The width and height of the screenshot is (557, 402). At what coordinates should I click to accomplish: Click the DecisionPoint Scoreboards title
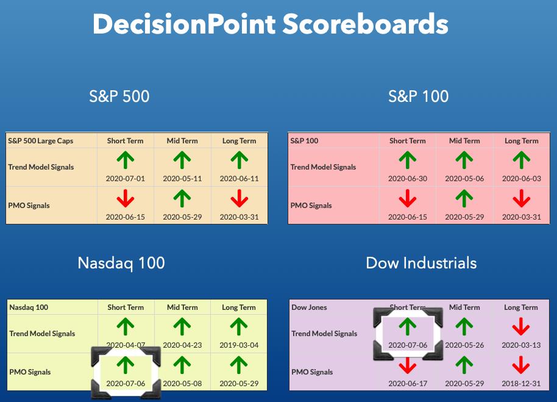coord(271,24)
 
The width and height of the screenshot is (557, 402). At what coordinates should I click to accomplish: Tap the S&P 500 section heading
coord(119,96)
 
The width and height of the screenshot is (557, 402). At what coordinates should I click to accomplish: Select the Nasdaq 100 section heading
coord(121,264)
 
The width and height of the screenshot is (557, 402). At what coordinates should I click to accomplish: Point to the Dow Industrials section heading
coord(421,263)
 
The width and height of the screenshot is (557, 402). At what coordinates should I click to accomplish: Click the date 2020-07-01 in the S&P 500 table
coord(126,179)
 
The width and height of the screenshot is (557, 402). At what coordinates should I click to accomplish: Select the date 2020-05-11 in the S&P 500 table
coord(182,179)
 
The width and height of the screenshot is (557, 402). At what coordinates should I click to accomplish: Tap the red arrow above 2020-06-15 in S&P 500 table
coord(126,198)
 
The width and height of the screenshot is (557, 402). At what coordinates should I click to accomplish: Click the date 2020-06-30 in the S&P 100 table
coord(408,179)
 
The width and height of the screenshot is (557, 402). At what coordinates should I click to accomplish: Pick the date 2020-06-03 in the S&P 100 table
coord(522,179)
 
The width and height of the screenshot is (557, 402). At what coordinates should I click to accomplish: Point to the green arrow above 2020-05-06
coord(464,160)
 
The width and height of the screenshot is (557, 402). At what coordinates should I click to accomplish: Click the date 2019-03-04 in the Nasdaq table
coord(239,345)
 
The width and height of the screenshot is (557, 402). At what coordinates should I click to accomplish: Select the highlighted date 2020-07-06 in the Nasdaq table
coord(126,384)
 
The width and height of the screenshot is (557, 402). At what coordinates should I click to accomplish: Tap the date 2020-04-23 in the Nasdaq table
coord(182,345)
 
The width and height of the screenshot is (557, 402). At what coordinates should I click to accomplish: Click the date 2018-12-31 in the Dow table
coord(521,384)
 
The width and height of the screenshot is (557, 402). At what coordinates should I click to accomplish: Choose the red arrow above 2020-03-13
coord(521,326)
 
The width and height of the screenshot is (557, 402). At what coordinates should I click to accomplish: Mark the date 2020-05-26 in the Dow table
coord(464,345)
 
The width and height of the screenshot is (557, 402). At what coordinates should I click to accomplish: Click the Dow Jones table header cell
coord(309,307)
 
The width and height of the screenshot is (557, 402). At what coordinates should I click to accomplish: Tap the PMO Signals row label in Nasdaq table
coord(30,372)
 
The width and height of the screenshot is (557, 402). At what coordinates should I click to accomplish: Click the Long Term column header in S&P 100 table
coord(522,141)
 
